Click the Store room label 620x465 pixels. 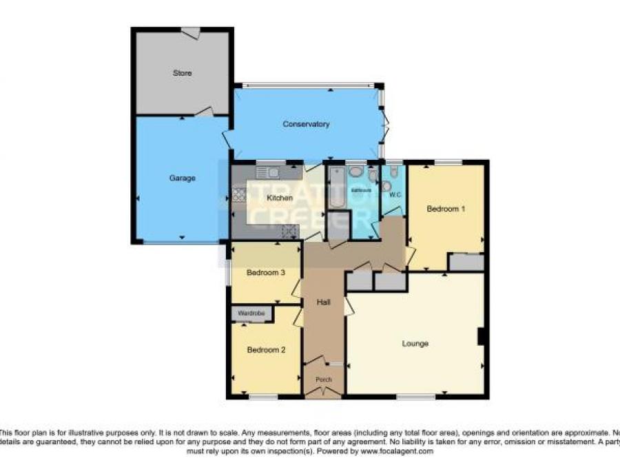(x=182, y=73)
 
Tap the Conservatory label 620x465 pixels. (x=306, y=125)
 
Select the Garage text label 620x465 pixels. (x=183, y=178)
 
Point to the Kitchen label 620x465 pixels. (x=280, y=198)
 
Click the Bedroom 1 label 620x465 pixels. (x=445, y=209)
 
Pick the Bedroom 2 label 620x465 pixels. (x=266, y=350)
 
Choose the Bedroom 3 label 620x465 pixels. (x=266, y=273)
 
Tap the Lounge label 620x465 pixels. (x=415, y=343)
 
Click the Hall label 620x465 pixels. (x=324, y=302)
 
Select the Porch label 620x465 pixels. (x=323, y=380)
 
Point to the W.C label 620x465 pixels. (x=395, y=195)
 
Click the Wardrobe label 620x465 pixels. (x=251, y=314)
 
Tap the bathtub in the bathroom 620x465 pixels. (x=337, y=187)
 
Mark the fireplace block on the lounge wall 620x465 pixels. (x=483, y=337)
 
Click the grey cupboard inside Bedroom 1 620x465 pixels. (x=466, y=262)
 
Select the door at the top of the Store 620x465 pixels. (x=191, y=32)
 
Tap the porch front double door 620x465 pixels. (x=323, y=393)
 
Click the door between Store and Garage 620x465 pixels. (x=203, y=112)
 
